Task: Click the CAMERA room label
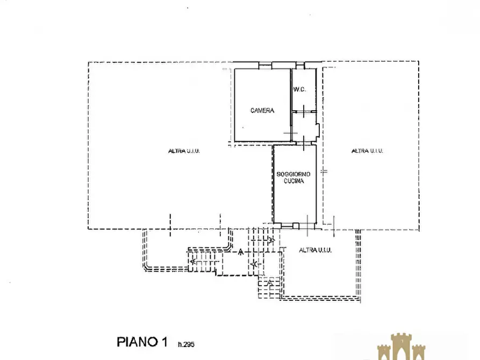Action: (262, 111)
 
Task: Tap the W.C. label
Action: (300, 90)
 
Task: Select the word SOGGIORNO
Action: (293, 174)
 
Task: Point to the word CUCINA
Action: (294, 181)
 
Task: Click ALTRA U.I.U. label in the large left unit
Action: (184, 151)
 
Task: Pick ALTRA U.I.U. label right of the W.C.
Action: (367, 151)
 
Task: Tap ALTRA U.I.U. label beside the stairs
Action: (315, 250)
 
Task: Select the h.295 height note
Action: (186, 344)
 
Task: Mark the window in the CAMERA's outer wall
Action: (266, 65)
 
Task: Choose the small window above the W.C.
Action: (300, 65)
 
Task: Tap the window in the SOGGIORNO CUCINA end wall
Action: (287, 226)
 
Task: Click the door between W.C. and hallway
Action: (303, 111)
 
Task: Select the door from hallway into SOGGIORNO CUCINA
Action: (303, 143)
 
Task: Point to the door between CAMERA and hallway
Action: (291, 133)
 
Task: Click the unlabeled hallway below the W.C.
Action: (304, 127)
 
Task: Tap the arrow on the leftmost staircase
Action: (193, 262)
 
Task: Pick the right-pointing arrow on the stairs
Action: (271, 240)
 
